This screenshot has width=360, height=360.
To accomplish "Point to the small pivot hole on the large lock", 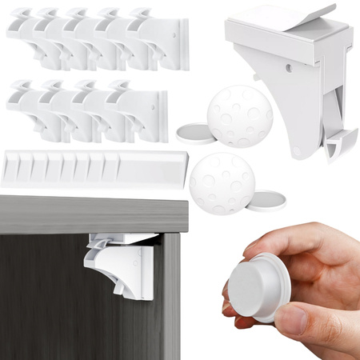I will [297, 149].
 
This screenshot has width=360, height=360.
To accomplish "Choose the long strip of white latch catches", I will [92, 168].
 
